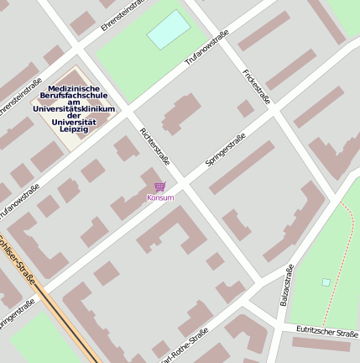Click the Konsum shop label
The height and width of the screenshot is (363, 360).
tap(159, 197)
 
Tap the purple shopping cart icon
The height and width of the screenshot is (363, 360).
tap(159, 187)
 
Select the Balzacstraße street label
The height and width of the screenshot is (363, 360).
tap(285, 285)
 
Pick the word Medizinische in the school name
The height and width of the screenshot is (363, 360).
tap(75, 88)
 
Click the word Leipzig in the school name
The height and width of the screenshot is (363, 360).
tap(81, 129)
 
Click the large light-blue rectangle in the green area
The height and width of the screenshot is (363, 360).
tap(169, 29)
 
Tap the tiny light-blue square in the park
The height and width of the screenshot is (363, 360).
tap(326, 282)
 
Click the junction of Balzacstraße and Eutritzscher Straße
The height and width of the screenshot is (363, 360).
tap(276, 325)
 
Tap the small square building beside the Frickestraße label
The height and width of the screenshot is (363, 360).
tap(245, 108)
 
